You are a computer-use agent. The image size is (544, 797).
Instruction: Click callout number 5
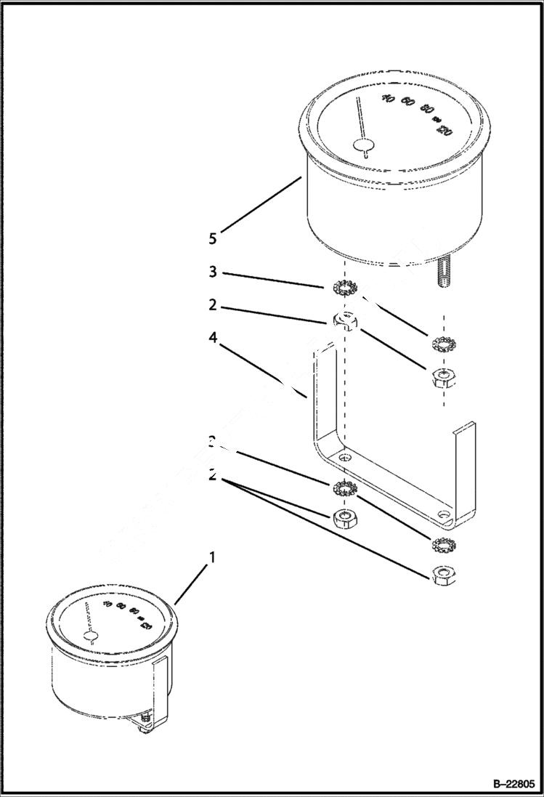pyautogui.click(x=212, y=238)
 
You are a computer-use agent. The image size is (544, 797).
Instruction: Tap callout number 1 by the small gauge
pyautogui.click(x=212, y=558)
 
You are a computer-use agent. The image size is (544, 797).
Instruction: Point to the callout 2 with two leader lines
pyautogui.click(x=212, y=477)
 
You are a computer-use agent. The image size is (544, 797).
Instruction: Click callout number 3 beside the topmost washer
pyautogui.click(x=212, y=272)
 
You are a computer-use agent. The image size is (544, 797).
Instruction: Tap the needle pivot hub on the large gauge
pyautogui.click(x=362, y=146)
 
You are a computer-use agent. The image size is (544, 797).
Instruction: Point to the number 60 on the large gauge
pyautogui.click(x=408, y=104)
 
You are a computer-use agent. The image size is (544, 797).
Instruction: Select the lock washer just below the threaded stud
pyautogui.click(x=442, y=344)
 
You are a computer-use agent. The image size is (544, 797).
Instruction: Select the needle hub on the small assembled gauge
pyautogui.click(x=91, y=636)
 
